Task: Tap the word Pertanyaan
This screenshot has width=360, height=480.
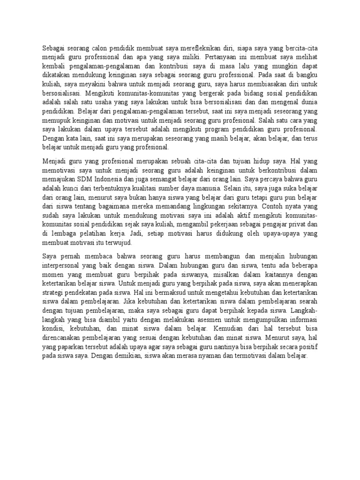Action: tap(224, 57)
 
